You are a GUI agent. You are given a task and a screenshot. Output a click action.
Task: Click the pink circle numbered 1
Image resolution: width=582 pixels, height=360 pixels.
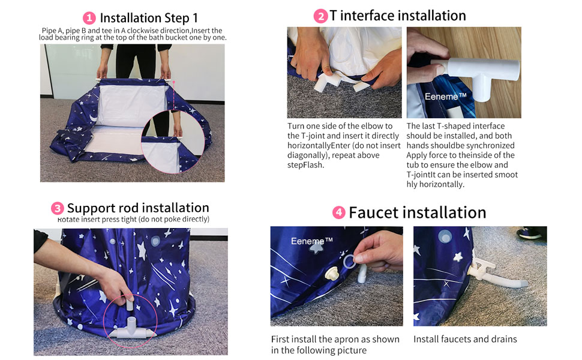(89, 18)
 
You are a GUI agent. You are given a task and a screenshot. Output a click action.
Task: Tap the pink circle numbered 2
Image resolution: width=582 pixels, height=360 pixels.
(320, 16)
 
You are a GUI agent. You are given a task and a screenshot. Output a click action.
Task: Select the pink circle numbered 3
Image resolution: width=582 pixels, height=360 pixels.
(57, 209)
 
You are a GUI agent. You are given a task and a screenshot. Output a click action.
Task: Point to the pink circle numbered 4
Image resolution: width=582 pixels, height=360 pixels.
(338, 212)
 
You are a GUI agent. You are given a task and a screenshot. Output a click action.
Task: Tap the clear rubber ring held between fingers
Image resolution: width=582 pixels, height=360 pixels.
(349, 262)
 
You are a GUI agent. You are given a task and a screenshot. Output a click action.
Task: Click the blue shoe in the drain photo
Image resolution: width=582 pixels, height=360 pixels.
(529, 233)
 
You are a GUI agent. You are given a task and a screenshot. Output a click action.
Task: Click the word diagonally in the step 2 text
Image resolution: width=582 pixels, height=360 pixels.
(307, 155)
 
